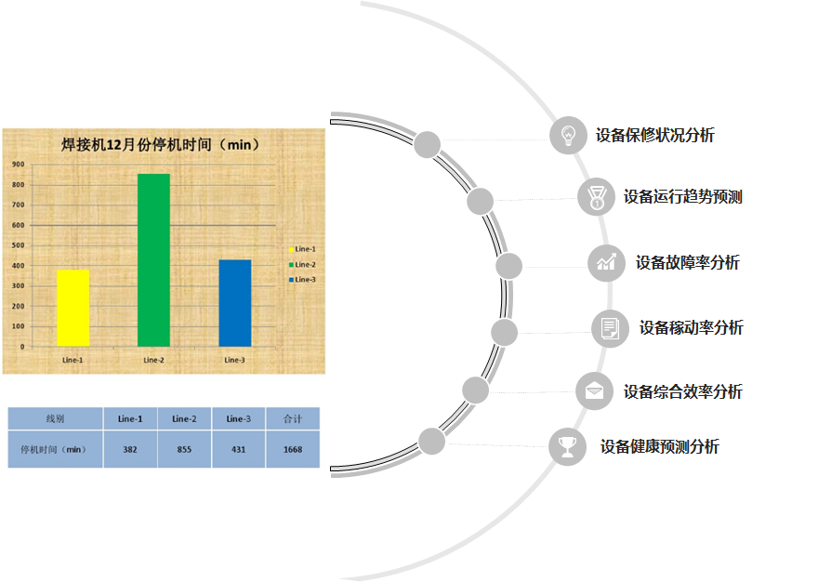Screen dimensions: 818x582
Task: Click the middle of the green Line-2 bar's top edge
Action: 154,174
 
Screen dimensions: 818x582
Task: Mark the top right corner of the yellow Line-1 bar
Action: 89,270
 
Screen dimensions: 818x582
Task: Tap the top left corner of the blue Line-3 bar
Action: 219,260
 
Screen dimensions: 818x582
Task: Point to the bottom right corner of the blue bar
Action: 252,347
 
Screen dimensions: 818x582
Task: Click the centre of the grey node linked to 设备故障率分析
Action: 508,266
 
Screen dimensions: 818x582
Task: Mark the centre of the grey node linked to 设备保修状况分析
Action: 428,145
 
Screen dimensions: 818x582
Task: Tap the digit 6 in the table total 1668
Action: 291,449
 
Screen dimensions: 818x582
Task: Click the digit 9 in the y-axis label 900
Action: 15,165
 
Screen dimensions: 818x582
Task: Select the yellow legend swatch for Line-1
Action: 292,249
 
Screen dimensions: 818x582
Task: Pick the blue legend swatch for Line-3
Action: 292,280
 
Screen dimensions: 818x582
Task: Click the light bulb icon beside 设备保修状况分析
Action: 568,135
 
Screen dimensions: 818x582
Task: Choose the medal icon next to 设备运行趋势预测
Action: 596,197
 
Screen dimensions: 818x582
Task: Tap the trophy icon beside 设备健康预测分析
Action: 567,447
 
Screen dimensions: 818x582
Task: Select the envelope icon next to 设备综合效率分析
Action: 594,391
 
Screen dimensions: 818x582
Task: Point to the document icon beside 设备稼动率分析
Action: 610,328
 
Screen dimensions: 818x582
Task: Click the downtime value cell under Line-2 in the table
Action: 184,449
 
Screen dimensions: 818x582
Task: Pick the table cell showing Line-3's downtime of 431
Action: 238,449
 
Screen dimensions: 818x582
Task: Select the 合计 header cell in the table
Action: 293,418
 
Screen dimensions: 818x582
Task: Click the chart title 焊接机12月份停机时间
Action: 136,145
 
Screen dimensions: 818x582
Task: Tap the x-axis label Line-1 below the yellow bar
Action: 73,360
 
